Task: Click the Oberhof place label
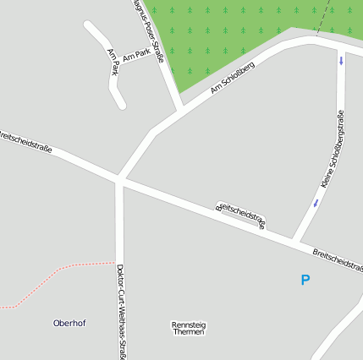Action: tap(69, 323)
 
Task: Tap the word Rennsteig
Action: tap(189, 325)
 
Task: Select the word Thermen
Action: tap(189, 332)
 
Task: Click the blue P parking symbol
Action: tap(305, 280)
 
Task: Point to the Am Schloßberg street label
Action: tap(233, 78)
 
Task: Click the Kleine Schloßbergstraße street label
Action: tap(333, 149)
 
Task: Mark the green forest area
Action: tap(228, 34)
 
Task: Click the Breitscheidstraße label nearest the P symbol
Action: tap(337, 259)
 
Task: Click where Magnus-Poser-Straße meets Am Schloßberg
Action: tap(180, 111)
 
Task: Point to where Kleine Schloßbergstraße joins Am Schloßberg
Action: tap(341, 44)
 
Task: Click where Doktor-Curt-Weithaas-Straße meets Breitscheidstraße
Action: tap(120, 179)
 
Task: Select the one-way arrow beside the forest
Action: tap(341, 60)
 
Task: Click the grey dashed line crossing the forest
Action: tap(322, 17)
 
